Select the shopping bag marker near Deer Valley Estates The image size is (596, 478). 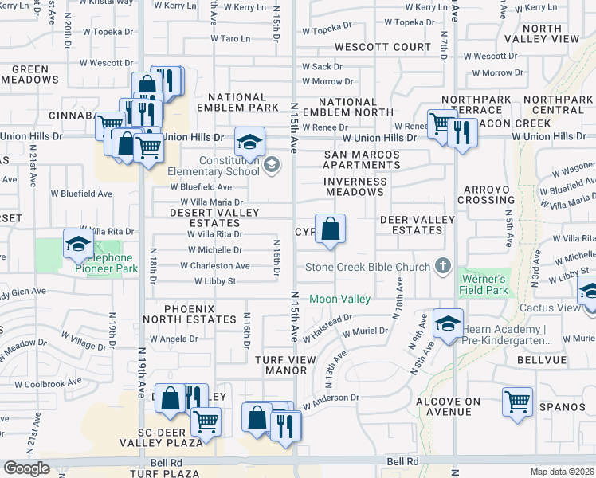pyautogui.click(x=330, y=229)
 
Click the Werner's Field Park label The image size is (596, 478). pyautogui.click(x=484, y=284)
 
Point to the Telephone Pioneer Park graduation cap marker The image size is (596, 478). pyautogui.click(x=78, y=245)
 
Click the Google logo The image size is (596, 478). pyautogui.click(x=27, y=468)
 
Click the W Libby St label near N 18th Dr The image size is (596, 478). pyautogui.click(x=215, y=281)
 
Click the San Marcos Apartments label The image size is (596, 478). pyautogui.click(x=362, y=159)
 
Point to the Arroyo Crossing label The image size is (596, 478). pyautogui.click(x=485, y=194)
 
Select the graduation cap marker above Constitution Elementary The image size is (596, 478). pyautogui.click(x=249, y=143)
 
